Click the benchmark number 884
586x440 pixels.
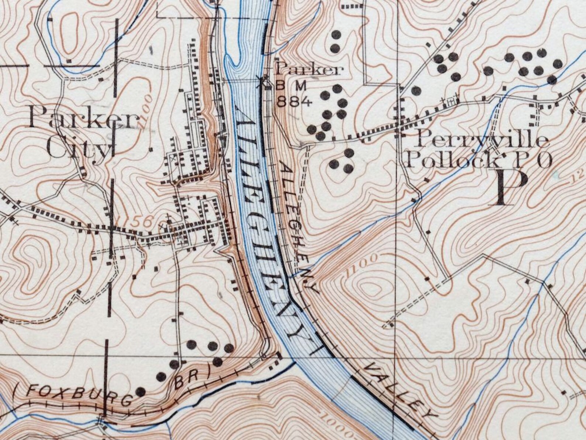(x=294, y=101)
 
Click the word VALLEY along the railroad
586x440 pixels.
(x=400, y=391)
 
